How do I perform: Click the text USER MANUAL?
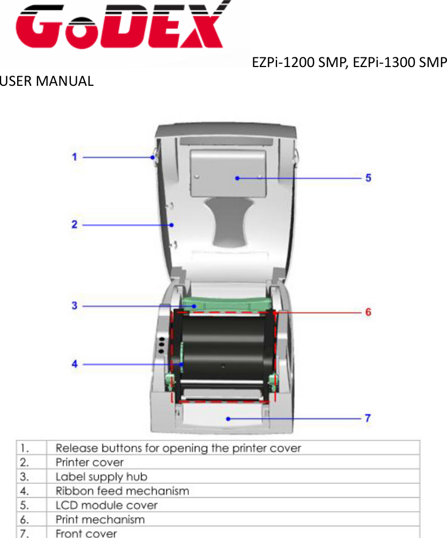pos(47,82)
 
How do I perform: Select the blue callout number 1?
pos(75,157)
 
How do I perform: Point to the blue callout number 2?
pos(75,224)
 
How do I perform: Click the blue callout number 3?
pos(75,306)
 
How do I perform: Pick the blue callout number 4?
pos(75,364)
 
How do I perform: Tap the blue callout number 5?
pos(369,178)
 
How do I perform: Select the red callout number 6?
pos(369,312)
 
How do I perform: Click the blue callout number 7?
pos(369,418)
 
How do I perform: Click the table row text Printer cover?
pos(90,462)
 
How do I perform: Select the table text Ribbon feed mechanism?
pos(122,491)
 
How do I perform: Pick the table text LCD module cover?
pos(107,505)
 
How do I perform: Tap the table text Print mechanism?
pos(100,520)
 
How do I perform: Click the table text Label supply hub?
pos(101,476)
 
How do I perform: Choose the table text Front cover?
pos(86,534)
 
